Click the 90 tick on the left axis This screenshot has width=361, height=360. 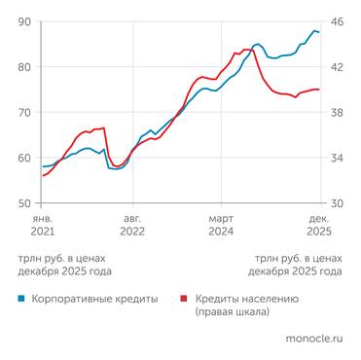coord(23,21)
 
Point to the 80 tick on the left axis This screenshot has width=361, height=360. coord(23,67)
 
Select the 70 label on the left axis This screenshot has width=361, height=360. coord(23,113)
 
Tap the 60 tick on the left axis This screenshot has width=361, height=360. coord(23,158)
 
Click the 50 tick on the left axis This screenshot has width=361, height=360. coord(23,203)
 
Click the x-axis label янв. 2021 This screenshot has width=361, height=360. coord(43,226)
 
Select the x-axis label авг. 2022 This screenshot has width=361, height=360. coord(131,226)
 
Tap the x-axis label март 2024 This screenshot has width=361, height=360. coord(222,226)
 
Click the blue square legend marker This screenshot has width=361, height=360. coord(21,300)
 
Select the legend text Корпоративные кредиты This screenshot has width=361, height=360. coord(94,300)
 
